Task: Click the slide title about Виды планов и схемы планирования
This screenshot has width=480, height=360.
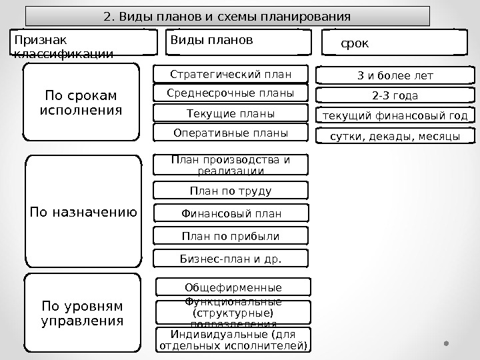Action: point(227,16)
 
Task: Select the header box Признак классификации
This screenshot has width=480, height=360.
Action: point(83,42)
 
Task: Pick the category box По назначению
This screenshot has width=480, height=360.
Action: point(83,213)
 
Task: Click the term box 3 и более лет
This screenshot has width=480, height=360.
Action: point(395,76)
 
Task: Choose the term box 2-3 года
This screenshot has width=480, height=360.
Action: point(395,96)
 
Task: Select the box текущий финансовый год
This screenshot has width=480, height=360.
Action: point(395,117)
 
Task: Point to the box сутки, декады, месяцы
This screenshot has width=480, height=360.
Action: point(395,137)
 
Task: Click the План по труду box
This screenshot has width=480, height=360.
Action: point(231,191)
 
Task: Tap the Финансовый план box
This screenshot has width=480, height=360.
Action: point(231,213)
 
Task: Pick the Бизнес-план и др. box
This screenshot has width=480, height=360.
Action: point(231,259)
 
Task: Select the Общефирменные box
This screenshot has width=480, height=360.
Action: point(233,287)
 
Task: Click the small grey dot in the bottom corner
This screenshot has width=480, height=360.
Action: point(447,344)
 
